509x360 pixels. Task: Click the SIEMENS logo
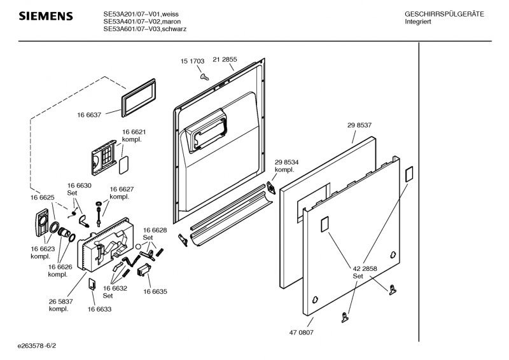45,16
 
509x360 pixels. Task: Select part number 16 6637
89,114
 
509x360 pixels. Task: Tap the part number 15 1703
192,61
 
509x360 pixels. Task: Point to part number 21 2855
225,59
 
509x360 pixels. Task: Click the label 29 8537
359,125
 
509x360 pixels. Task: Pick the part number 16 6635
155,291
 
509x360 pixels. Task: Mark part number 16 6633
100,309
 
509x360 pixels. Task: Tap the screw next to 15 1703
204,76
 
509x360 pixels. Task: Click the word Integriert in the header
419,22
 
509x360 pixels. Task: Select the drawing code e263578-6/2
41,346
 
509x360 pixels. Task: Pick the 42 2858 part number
365,269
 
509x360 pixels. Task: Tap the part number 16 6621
134,132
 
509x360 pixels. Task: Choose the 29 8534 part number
287,162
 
